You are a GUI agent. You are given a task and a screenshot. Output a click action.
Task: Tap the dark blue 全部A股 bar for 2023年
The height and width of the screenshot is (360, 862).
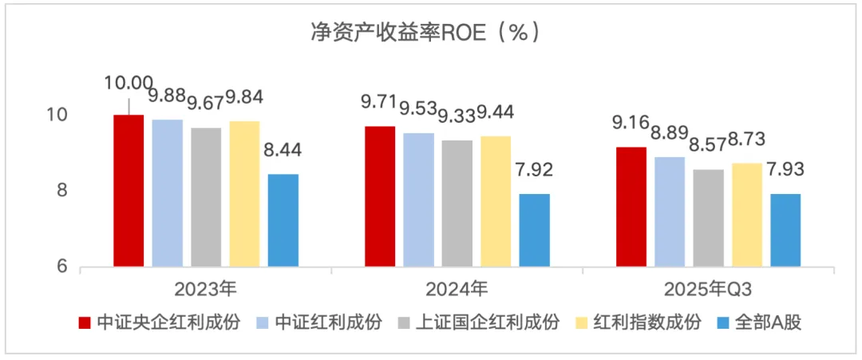tap(283, 220)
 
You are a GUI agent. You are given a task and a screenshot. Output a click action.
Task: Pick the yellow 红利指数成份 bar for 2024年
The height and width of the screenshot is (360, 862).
tap(496, 200)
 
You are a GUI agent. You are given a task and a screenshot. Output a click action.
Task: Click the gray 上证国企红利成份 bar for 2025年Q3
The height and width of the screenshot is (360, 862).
tap(708, 217)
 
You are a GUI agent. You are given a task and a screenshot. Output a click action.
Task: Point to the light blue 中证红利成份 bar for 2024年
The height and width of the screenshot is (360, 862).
tap(418, 199)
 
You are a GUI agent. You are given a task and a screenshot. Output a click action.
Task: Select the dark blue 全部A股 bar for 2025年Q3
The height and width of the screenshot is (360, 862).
tap(785, 229)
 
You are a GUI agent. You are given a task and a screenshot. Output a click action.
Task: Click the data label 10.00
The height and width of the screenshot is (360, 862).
tap(129, 83)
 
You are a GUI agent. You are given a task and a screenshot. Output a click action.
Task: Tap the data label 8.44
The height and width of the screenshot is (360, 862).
tap(283, 151)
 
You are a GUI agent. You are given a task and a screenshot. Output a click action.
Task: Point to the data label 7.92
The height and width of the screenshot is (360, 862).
tap(535, 170)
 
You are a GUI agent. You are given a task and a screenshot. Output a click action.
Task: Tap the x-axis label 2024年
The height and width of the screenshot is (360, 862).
tap(457, 288)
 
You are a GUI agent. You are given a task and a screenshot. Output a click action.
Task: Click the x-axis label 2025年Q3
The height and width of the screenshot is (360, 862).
tap(708, 288)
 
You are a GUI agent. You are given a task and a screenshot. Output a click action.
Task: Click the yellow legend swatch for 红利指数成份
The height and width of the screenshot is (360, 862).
tap(582, 322)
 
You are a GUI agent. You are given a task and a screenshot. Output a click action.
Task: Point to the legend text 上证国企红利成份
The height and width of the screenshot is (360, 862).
tap(488, 322)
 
